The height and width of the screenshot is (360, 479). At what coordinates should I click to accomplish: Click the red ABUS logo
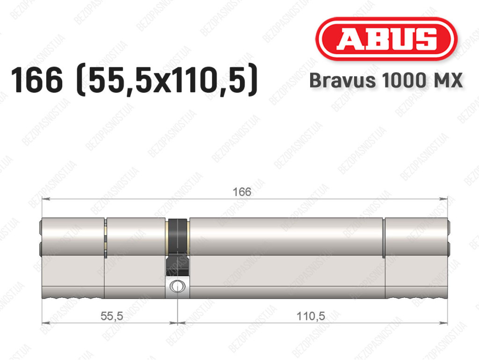coord(386,39)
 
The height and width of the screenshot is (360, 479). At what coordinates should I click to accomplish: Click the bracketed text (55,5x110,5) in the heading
coord(168,81)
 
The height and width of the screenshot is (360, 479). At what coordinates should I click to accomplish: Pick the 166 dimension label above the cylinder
coord(242,192)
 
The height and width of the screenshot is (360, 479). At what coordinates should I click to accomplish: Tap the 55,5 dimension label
coord(112,316)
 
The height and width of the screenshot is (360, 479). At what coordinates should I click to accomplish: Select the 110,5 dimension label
coord(311,316)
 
